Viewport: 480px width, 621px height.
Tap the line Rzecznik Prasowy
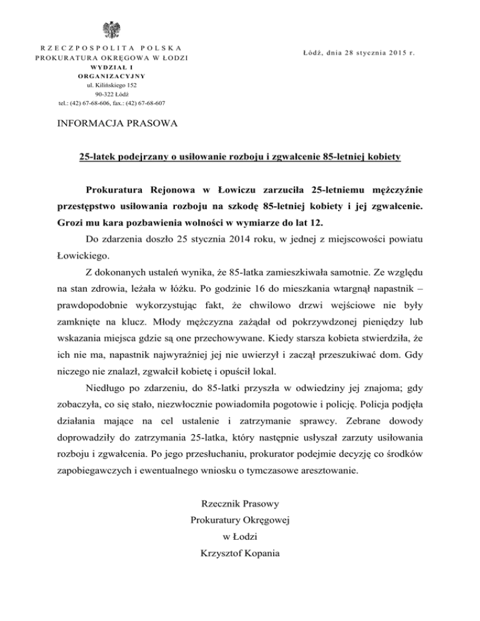[x=240, y=503]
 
